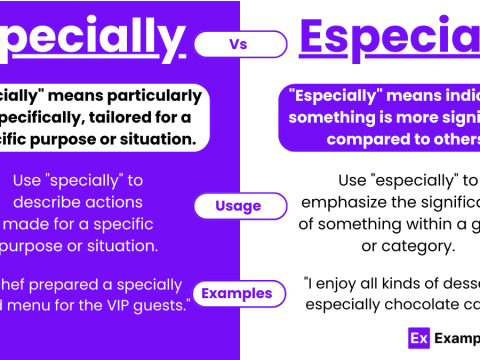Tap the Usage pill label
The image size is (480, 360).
(x=238, y=206)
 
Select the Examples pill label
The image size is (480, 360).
(x=238, y=293)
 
